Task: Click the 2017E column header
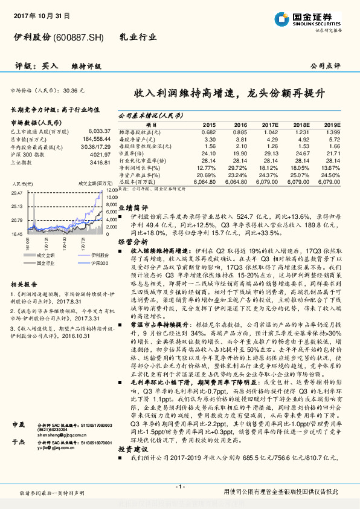pyautogui.click(x=269, y=125)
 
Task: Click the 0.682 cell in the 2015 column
pyautogui.click(x=208, y=132)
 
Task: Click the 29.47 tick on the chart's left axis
pyautogui.click(x=18, y=192)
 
